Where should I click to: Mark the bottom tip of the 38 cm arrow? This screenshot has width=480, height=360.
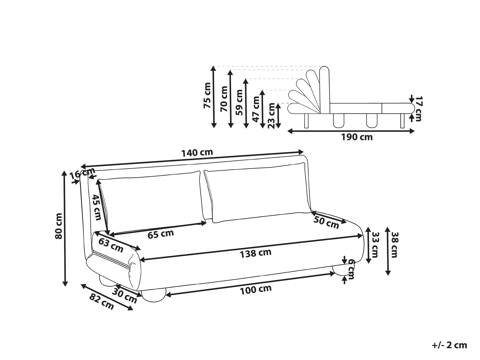pos(388,275)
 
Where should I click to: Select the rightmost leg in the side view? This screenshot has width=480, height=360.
pos(403,121)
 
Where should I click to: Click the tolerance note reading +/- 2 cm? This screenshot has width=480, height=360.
pos(449,345)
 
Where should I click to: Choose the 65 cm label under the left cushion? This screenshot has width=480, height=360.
pos(161,234)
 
